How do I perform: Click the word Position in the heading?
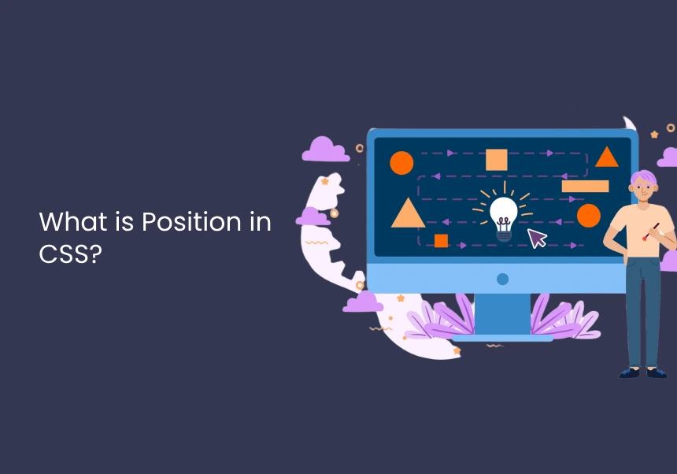click(191, 221)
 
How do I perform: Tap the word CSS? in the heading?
click(70, 254)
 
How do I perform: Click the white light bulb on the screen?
click(504, 219)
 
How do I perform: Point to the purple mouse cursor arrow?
click(537, 238)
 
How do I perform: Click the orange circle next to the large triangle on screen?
click(401, 163)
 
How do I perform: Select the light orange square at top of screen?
click(497, 160)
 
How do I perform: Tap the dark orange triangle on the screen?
click(607, 158)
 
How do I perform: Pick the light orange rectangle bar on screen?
click(585, 186)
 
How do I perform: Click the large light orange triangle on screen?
click(408, 214)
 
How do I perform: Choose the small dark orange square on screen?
click(441, 241)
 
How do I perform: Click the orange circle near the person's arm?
click(589, 216)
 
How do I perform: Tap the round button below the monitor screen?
click(502, 279)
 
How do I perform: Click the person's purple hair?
click(643, 176)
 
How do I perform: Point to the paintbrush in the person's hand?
click(650, 231)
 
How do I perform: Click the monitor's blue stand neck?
click(502, 313)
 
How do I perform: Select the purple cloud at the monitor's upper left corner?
click(326, 150)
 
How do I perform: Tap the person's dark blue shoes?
click(643, 372)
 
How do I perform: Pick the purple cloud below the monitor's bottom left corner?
click(363, 302)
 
